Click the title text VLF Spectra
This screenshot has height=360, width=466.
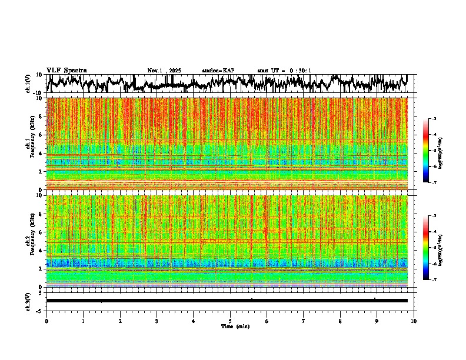pyautogui.click(x=66, y=71)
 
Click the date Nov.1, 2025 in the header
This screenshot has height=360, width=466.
pyautogui.click(x=164, y=71)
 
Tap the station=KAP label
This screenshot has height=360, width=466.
pyautogui.click(x=218, y=71)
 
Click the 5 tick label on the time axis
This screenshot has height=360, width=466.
pyautogui.click(x=230, y=321)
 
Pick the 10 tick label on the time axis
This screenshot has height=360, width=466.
pyautogui.click(x=414, y=321)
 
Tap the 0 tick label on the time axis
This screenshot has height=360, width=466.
pyautogui.click(x=46, y=321)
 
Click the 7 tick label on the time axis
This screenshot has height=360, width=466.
pyautogui.click(x=304, y=321)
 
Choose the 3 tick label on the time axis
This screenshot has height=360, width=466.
pyautogui.click(x=157, y=321)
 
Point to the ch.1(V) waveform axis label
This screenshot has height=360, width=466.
pyautogui.click(x=29, y=84)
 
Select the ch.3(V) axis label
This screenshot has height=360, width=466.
pyautogui.click(x=29, y=301)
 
